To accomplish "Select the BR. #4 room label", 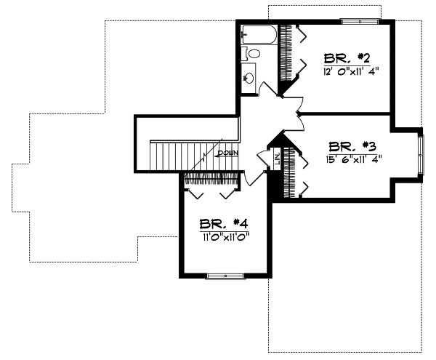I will [222, 223].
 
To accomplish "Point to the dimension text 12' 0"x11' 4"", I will [352, 71].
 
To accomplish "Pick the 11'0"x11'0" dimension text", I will [223, 236].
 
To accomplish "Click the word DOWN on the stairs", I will [227, 153].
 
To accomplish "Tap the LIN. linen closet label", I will [277, 158].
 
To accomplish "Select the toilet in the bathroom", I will [254, 54].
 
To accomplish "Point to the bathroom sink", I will [249, 76].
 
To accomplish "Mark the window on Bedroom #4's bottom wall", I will [225, 276].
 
